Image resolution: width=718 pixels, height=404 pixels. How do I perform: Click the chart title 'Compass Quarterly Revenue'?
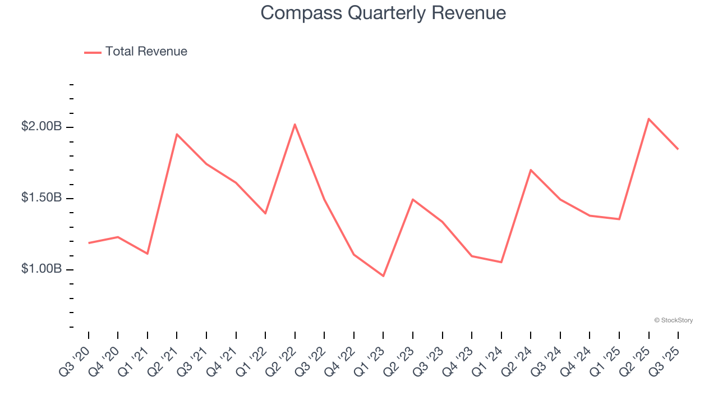383,13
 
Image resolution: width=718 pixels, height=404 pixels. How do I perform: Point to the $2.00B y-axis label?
42,127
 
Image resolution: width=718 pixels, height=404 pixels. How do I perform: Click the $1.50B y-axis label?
42,198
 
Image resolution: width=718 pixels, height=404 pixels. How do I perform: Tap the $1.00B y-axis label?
42,269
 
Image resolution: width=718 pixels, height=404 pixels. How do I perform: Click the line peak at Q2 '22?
295,124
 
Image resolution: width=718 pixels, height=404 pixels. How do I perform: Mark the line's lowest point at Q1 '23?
383,276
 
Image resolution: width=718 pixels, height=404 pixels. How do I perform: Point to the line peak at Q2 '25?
648,118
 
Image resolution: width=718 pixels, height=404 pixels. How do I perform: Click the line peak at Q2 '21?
177,134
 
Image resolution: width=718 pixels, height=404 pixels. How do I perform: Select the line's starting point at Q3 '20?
89,243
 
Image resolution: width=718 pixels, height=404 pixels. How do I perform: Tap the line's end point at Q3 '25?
678,149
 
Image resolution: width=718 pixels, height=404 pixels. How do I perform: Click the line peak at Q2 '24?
531,169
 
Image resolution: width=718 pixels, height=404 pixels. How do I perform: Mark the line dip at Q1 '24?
501,262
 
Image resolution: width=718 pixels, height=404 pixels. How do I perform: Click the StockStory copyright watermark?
673,320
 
